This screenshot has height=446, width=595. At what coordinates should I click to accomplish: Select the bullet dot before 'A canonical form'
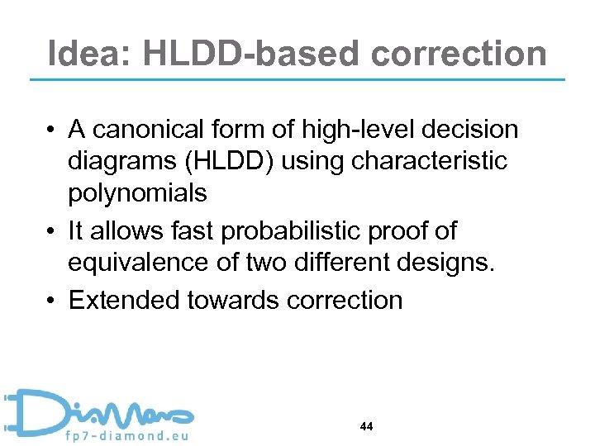(52, 130)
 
